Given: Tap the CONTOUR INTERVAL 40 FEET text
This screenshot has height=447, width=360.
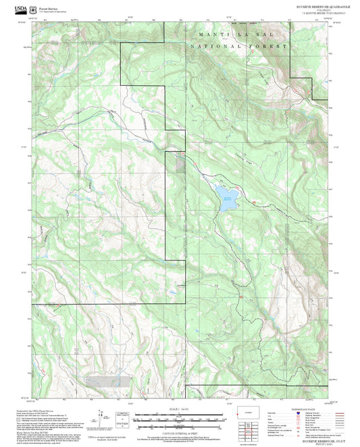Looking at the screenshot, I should pyautogui.click(x=179, y=431).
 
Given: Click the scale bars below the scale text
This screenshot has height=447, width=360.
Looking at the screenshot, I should pyautogui.click(x=179, y=420).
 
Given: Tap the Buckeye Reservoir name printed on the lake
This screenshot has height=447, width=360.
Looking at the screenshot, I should pyautogui.click(x=228, y=198).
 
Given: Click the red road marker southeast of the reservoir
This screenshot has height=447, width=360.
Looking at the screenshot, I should pyautogui.click(x=238, y=294).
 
